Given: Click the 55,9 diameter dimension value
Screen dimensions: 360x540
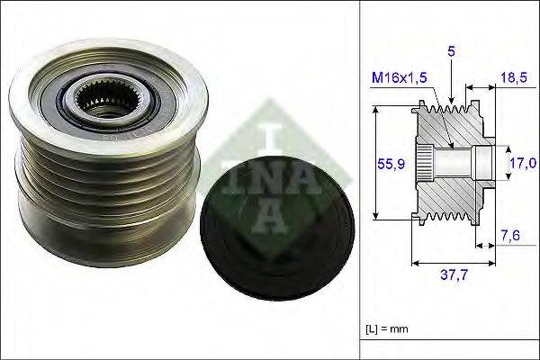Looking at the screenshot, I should coord(385,163).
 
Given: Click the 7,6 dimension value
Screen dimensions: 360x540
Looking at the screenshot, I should coord(510,236).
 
